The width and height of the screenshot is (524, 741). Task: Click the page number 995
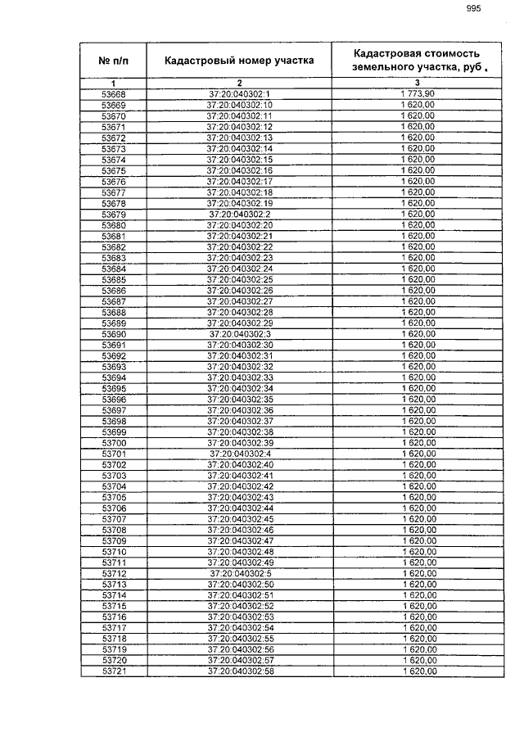coord(472,10)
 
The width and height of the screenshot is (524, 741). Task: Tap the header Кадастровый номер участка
coord(239,61)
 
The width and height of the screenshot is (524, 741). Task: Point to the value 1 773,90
coord(418,95)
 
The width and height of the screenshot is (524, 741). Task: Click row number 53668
coord(113,95)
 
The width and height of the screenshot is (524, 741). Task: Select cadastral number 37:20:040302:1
coord(239,95)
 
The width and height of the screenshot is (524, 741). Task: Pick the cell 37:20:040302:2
coord(239,214)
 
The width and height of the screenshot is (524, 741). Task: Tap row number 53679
coord(113,214)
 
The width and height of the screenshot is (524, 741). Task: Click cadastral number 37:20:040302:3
coord(239,334)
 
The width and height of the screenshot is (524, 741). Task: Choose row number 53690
coord(113,334)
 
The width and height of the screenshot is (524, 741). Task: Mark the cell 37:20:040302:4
coord(239,454)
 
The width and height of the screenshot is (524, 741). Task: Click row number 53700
coord(113,443)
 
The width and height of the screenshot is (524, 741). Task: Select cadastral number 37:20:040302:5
coord(239,573)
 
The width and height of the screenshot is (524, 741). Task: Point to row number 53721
coord(113,671)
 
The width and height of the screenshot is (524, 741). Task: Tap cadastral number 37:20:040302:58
coord(239,671)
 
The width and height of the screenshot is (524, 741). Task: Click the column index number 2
coord(239,84)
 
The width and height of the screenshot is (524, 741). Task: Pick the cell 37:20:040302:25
coord(239,279)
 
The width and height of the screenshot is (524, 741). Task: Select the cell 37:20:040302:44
coord(239,508)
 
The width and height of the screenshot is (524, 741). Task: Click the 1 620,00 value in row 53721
coord(418,671)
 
